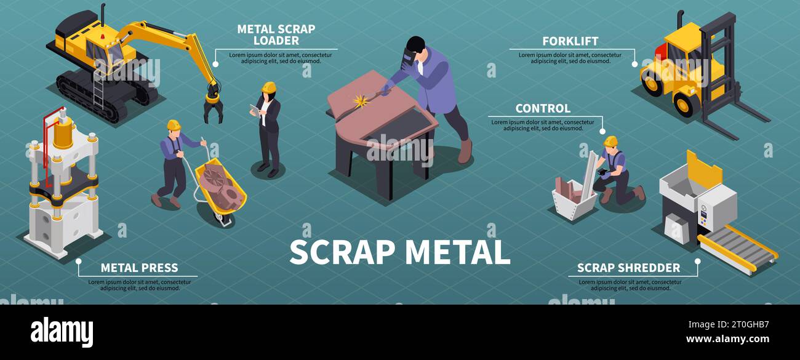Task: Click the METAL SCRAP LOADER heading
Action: pos(276,35)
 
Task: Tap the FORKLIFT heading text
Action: pos(570,42)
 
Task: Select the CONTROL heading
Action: pos(542,109)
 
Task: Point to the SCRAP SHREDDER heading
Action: pos(628,268)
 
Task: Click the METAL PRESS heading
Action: pos(139,268)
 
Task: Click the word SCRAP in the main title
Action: pos(342,252)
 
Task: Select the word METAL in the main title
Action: pos(457,252)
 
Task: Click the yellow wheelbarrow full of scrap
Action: pos(221,191)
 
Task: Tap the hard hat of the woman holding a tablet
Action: pos(268,87)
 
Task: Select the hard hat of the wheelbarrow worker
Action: pos(174,125)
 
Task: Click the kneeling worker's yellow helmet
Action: pos(610,141)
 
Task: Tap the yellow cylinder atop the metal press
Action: pos(62,132)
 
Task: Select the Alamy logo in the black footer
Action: pos(62,332)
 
